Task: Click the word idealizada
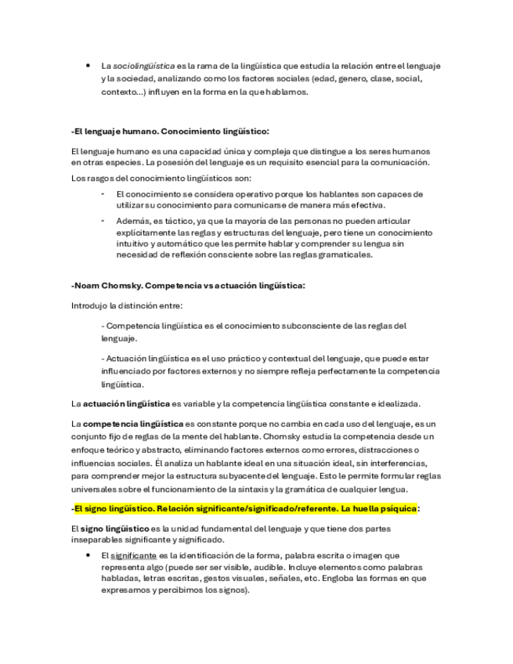point(394,403)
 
